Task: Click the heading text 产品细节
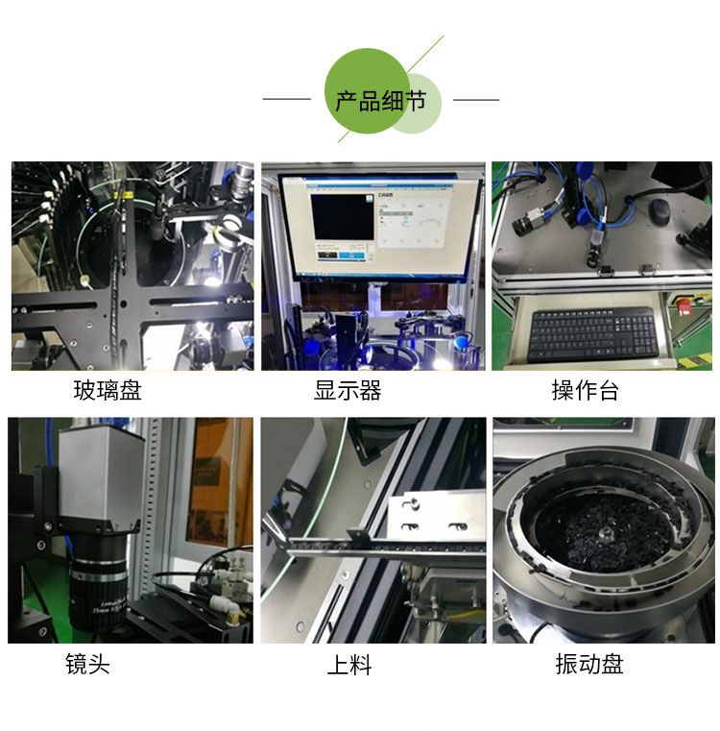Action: coord(380,100)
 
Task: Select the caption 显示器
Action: coord(348,391)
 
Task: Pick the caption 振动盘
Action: coord(588,664)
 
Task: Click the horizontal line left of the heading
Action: coord(286,99)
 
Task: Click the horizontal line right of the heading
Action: coord(476,99)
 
